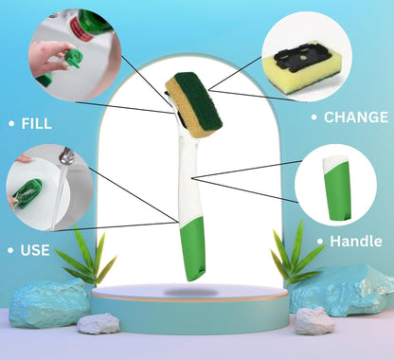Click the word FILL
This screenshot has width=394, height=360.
tap(36, 123)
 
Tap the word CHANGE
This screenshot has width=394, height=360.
tap(356, 117)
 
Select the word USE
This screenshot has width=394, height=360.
tap(35, 250)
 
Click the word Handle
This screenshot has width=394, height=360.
tap(356, 242)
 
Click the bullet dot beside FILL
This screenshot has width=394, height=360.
tap(11, 123)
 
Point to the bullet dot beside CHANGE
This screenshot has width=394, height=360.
tap(314, 117)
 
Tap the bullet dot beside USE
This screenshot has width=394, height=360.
tap(10, 250)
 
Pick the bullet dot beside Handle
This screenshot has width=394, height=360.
tap(320, 242)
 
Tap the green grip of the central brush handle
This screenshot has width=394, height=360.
tap(192, 249)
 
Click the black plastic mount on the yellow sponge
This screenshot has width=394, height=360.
tap(302, 57)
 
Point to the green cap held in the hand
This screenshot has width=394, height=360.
tap(74, 59)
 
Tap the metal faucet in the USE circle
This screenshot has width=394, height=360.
tap(67, 156)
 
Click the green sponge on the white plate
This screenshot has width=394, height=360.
tap(28, 193)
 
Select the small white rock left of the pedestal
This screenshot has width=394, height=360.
tap(98, 323)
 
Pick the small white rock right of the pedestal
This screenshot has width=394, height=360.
tap(314, 321)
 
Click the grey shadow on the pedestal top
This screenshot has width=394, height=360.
tap(191, 292)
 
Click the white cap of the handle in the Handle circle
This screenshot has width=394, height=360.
tap(333, 162)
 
